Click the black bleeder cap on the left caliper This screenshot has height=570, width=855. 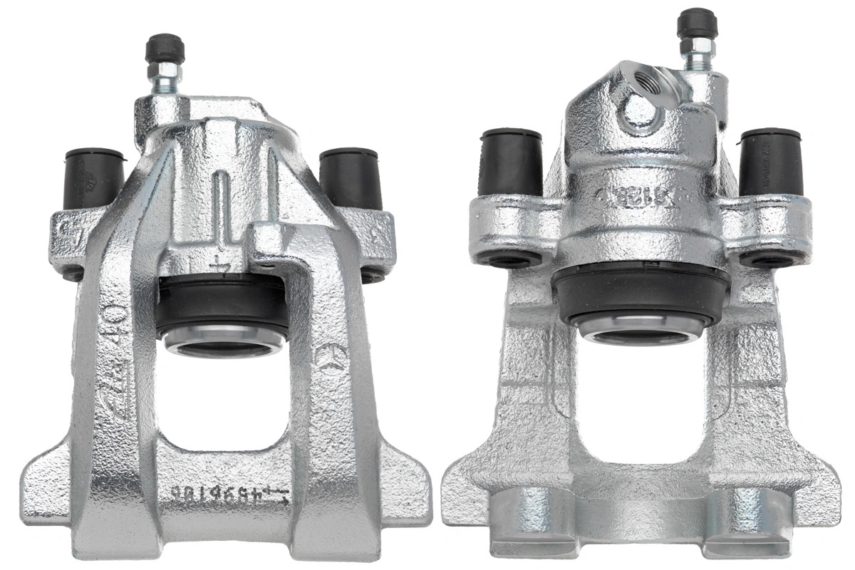[x=165, y=48]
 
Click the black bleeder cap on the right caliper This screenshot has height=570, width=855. [x=695, y=24]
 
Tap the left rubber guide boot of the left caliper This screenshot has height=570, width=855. [x=93, y=178]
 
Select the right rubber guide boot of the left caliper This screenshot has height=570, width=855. [x=349, y=178]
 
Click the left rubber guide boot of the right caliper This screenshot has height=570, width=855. [x=511, y=162]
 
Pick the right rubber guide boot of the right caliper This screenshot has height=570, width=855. [x=771, y=162]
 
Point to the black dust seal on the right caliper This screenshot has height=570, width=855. [x=641, y=292]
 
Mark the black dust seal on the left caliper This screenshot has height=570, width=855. [x=222, y=306]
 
